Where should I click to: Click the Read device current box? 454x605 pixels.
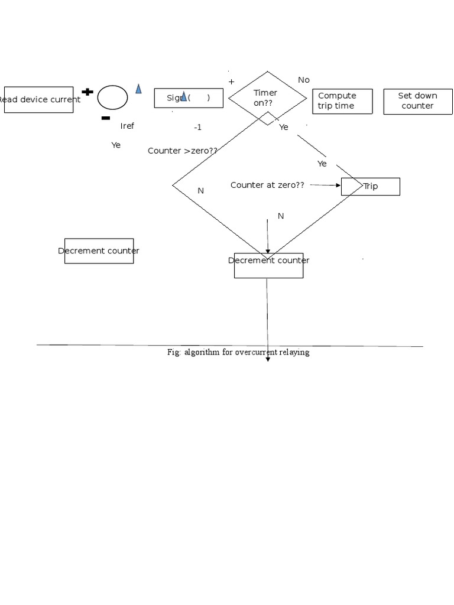click(x=39, y=100)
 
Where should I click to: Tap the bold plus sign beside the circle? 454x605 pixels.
click(x=87, y=92)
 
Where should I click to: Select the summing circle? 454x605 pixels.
click(x=112, y=97)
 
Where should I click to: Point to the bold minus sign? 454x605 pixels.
click(x=105, y=118)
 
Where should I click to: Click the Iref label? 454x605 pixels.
click(x=127, y=126)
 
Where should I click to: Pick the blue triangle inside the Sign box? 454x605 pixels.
click(x=184, y=96)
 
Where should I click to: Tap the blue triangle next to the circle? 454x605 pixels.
click(x=138, y=89)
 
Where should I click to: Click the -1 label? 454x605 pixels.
click(x=197, y=127)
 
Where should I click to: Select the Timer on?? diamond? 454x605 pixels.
click(x=267, y=98)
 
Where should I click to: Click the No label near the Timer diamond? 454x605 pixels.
click(x=304, y=80)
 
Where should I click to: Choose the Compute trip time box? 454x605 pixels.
click(x=342, y=101)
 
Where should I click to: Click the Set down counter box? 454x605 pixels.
click(x=417, y=101)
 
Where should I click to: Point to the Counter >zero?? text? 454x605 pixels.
click(x=182, y=151)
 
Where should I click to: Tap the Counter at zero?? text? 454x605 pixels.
click(x=267, y=185)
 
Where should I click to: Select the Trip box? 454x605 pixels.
click(x=371, y=187)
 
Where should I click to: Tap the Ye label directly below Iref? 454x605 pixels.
click(x=116, y=145)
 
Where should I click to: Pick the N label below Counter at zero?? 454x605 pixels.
click(x=281, y=216)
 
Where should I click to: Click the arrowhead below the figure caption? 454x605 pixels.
click(x=268, y=359)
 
